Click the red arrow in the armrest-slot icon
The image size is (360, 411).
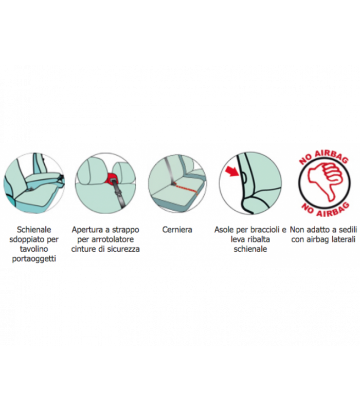pos(232,171)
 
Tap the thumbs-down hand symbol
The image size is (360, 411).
pos(325,182)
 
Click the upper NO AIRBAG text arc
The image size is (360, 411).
pos(323,157)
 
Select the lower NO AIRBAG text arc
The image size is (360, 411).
pos(325,210)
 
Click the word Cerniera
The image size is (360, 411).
pos(177,230)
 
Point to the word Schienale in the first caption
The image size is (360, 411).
pos(34,230)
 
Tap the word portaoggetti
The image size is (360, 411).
pos(34,259)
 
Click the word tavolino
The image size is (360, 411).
pos(34,249)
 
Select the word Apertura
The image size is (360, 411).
pos(87,230)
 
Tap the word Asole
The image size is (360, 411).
pos(224,230)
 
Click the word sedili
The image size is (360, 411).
pos(346,230)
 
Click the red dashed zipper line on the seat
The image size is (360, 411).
pos(186,188)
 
